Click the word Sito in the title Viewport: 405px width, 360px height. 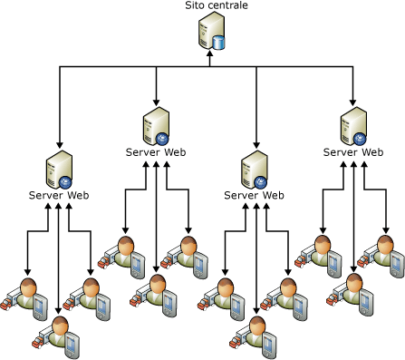pyautogui.click(x=193, y=5)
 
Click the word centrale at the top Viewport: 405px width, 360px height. pyautogui.click(x=226, y=5)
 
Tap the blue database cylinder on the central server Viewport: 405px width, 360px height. pyautogui.click(x=218, y=43)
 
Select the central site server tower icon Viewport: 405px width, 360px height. pyautogui.click(x=211, y=31)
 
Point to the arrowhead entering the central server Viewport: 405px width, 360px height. pyautogui.click(x=210, y=54)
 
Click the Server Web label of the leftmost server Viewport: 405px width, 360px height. pyautogui.click(x=59, y=195)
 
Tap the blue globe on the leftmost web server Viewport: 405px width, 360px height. pyautogui.click(x=65, y=182)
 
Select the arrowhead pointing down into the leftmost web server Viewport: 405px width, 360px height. pyautogui.click(x=60, y=144)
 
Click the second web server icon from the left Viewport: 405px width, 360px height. pyautogui.click(x=156, y=126)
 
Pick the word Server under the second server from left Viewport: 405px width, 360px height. pyautogui.click(x=140, y=152)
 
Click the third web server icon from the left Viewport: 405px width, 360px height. pyautogui.click(x=255, y=170)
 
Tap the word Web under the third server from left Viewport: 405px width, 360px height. pyautogui.click(x=273, y=195)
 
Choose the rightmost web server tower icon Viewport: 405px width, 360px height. pyautogui.click(x=353, y=126)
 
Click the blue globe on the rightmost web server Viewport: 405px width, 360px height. pyautogui.click(x=360, y=139)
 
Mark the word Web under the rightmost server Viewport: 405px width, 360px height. pyautogui.click(x=372, y=152)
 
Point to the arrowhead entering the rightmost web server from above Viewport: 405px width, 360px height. pyautogui.click(x=352, y=102)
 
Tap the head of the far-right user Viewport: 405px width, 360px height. pyautogui.click(x=385, y=245)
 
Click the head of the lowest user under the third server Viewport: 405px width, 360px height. pyautogui.click(x=257, y=326)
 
